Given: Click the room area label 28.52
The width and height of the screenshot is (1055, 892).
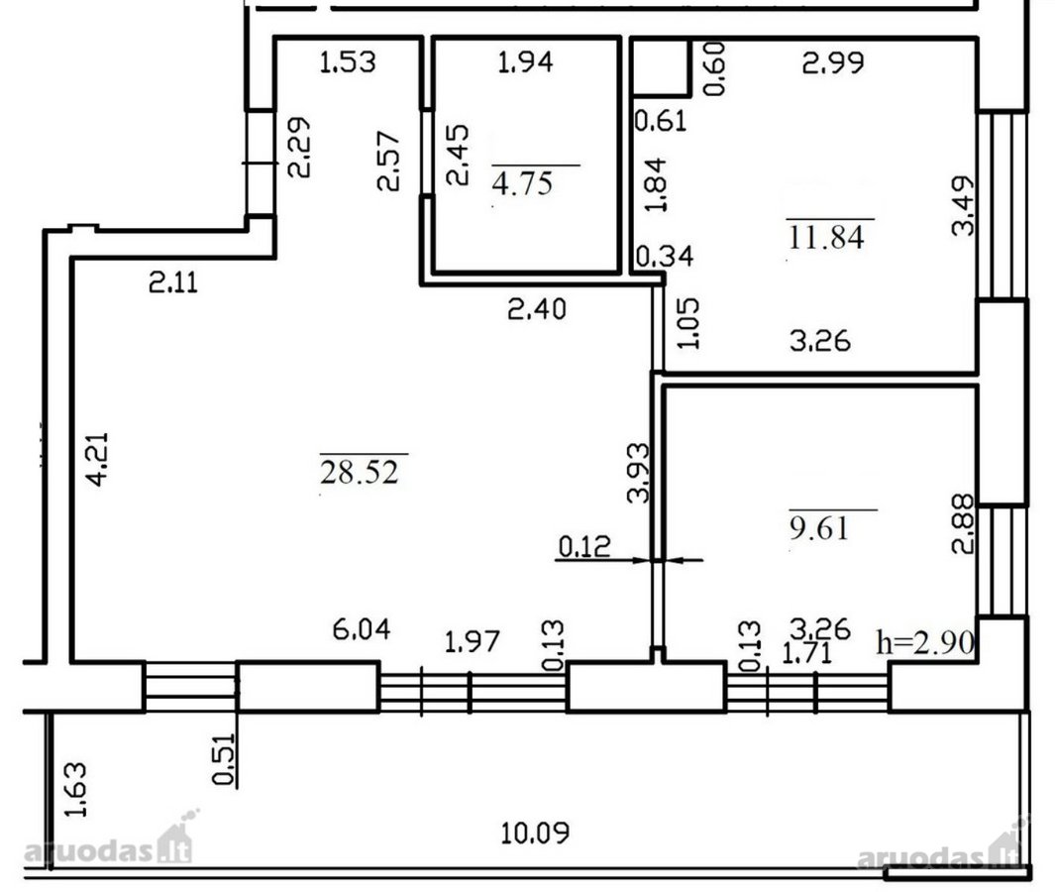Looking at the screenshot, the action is [x=360, y=472].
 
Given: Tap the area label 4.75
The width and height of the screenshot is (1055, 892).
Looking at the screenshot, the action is [x=522, y=183].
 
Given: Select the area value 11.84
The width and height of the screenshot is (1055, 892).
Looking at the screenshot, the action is [x=826, y=238].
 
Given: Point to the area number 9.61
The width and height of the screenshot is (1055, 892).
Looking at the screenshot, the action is [x=819, y=528].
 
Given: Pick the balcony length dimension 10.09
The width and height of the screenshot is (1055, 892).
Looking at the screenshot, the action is [x=535, y=834].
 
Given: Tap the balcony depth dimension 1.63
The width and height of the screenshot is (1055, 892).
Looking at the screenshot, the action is [x=76, y=789].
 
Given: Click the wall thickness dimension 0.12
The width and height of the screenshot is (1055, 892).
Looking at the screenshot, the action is [x=584, y=546].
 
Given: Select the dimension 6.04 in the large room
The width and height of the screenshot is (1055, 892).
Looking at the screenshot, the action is [x=362, y=629].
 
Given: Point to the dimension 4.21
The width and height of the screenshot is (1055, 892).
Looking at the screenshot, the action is [x=96, y=459].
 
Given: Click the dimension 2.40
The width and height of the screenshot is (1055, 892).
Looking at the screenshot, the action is [x=537, y=309].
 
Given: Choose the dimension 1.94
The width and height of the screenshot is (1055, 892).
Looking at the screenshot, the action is [x=525, y=61].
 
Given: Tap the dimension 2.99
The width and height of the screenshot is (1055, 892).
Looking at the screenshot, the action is [x=833, y=62].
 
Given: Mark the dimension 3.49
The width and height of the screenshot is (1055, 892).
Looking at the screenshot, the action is [x=963, y=205].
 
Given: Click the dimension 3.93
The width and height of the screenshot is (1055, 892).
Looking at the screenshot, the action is [x=638, y=473].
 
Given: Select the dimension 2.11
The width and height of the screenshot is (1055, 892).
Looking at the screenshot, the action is [x=173, y=282].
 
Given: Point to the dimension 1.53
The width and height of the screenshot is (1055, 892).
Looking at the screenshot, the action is [x=347, y=61].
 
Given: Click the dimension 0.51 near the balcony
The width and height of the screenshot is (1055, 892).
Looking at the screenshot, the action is [x=224, y=759].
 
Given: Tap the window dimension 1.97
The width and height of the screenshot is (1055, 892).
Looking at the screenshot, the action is [x=473, y=641].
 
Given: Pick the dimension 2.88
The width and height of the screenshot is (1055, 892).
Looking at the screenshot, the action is [x=963, y=523].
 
